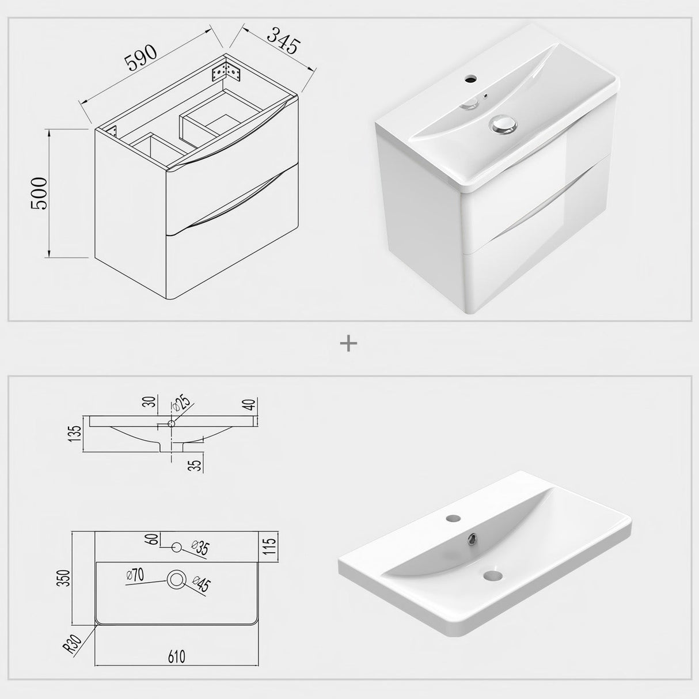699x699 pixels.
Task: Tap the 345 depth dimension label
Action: tap(283, 39)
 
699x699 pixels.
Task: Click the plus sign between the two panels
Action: tap(349, 344)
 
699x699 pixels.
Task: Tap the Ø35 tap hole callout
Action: tap(200, 548)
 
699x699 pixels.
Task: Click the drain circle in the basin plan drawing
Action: tap(175, 579)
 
